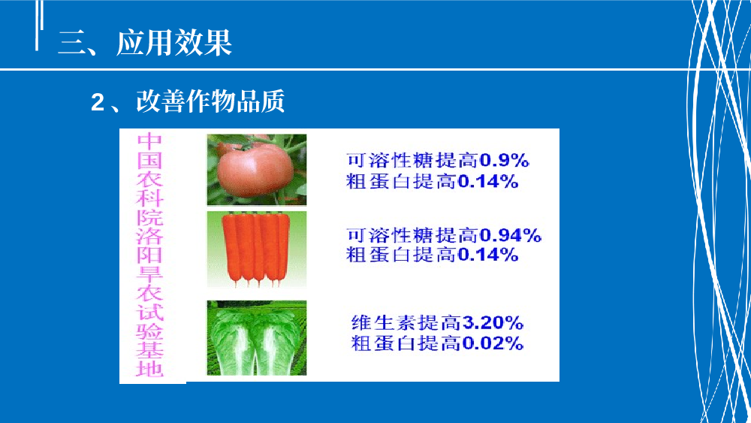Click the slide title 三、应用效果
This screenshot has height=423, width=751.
pyautogui.click(x=145, y=43)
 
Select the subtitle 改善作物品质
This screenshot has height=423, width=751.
pyautogui.click(x=211, y=101)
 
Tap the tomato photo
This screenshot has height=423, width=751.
pyautogui.click(x=257, y=170)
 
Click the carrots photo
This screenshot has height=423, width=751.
pyautogui.click(x=257, y=249)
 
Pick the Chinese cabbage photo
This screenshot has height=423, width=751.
pyautogui.click(x=257, y=338)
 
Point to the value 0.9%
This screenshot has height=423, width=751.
pyautogui.click(x=504, y=161)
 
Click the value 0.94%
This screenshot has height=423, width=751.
pyautogui.click(x=510, y=235)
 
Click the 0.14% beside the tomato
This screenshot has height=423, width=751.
pyautogui.click(x=487, y=182)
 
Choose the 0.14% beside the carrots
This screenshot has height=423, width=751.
pyautogui.click(x=487, y=255)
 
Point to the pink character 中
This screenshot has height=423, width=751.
pyautogui.click(x=150, y=142)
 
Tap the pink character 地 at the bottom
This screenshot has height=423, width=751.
pyautogui.click(x=150, y=369)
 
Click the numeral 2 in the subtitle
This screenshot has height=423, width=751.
pyautogui.click(x=98, y=102)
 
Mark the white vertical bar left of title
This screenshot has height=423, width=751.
pyautogui.click(x=37, y=25)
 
